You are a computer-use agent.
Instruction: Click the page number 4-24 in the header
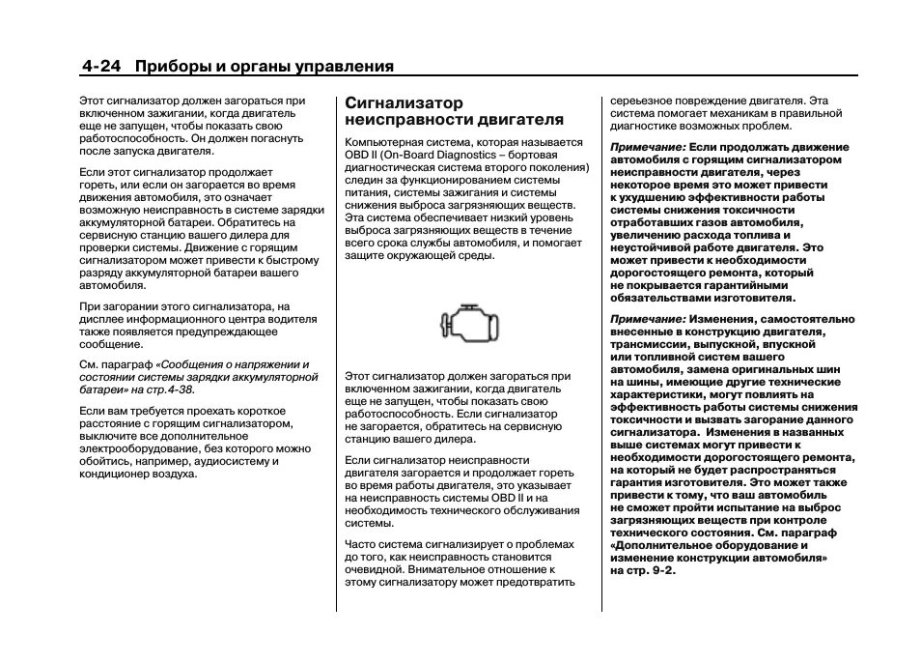coord(101,67)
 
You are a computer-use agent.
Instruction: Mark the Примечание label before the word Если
coord(647,147)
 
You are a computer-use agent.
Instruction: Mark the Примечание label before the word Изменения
coord(647,319)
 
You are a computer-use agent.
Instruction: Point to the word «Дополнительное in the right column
coord(660,545)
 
